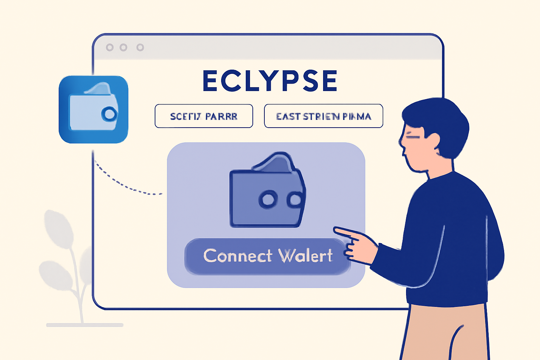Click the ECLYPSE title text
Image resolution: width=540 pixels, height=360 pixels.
(270, 81)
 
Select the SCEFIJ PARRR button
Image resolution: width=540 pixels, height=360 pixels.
(204, 116)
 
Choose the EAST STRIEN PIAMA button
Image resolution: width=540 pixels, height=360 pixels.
(323, 116)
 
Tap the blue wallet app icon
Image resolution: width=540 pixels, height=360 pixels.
(94, 109)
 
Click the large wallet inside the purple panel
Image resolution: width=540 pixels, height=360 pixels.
(267, 192)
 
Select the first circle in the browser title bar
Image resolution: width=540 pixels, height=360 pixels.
(110, 47)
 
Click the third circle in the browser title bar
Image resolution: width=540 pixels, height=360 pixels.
(140, 47)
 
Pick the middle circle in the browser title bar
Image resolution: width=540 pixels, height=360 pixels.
(123, 47)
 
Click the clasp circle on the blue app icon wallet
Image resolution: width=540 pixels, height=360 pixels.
(109, 114)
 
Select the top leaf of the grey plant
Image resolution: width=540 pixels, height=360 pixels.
(58, 229)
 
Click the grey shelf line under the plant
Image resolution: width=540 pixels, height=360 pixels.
(85, 325)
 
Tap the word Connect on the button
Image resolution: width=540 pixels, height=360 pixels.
(238, 256)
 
